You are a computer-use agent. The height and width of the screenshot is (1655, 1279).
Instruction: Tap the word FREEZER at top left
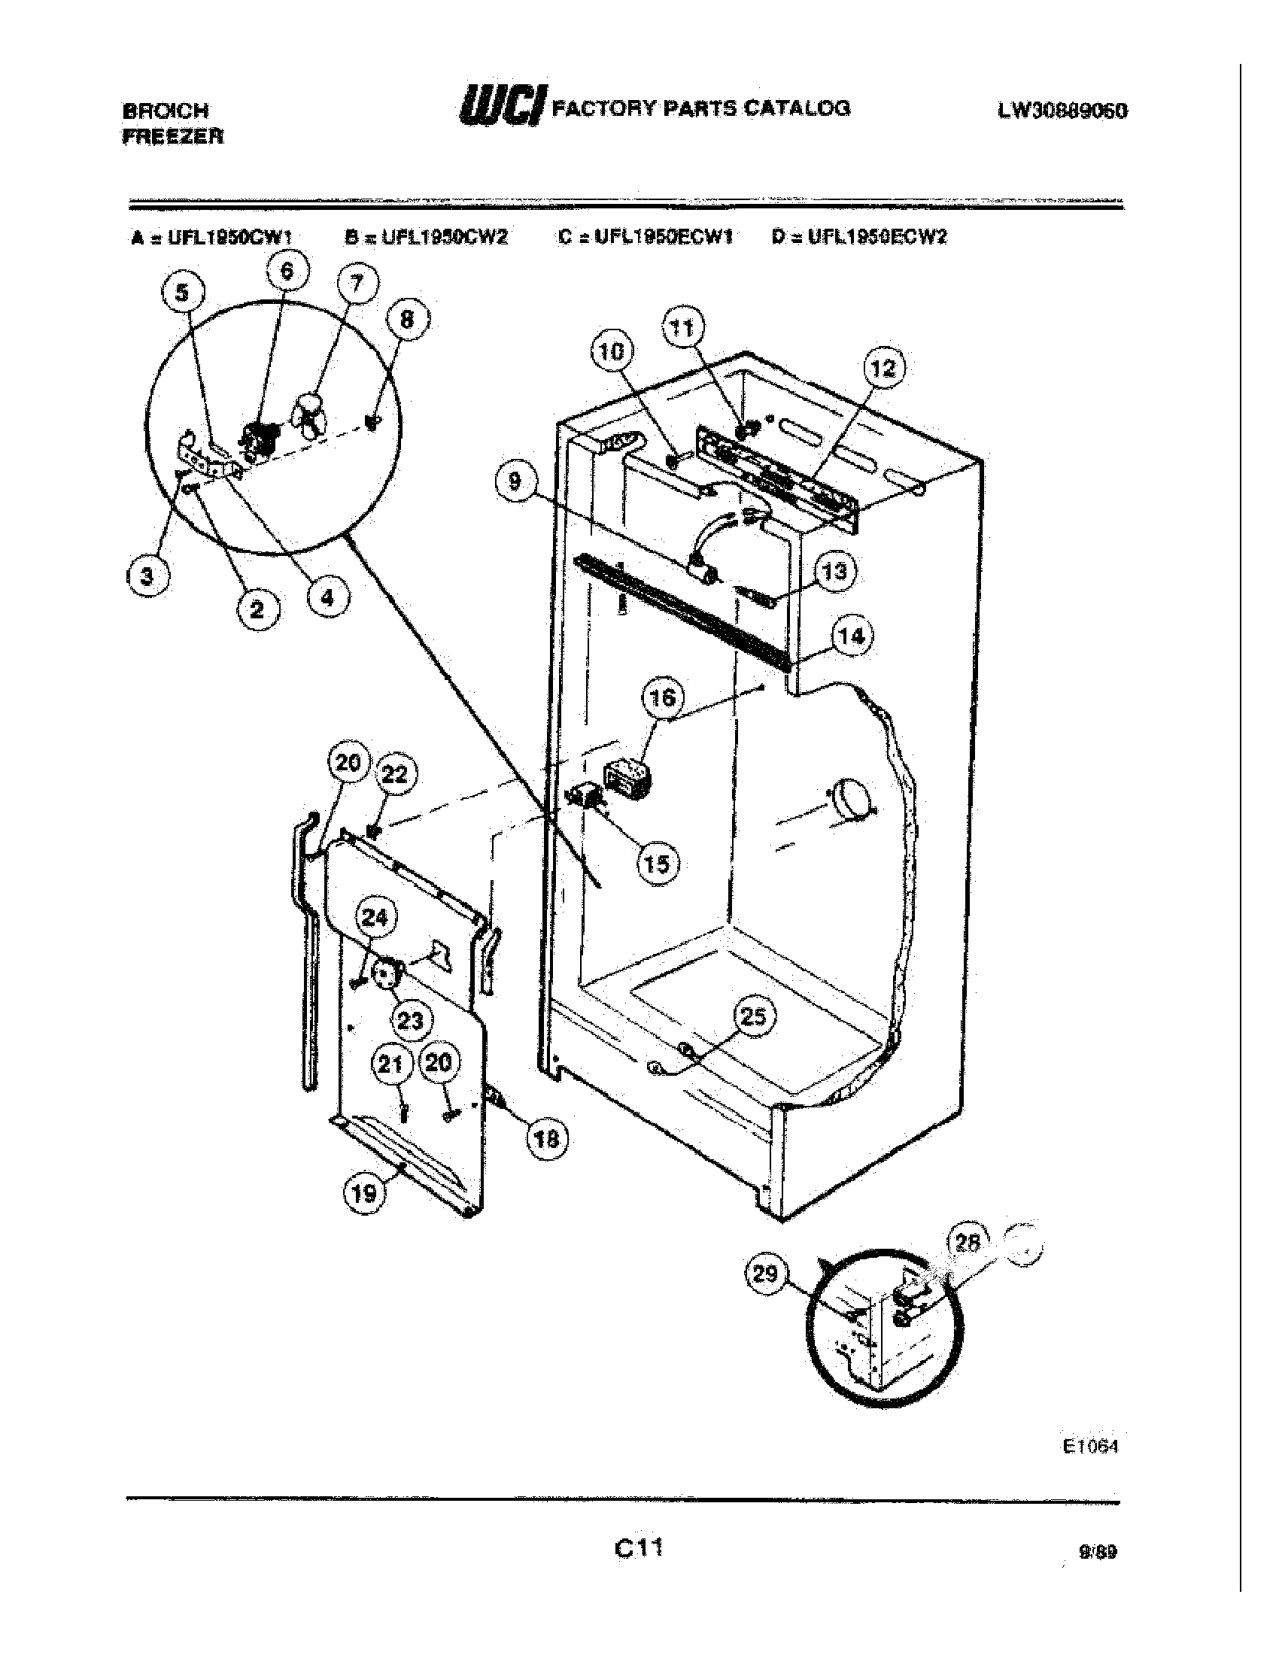(x=173, y=137)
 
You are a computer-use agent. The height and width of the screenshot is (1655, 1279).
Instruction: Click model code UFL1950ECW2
(x=876, y=237)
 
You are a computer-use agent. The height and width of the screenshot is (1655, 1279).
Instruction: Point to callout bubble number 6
(x=287, y=272)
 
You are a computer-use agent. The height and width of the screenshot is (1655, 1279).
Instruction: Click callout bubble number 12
(x=883, y=369)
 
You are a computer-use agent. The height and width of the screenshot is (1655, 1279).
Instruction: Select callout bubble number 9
(x=515, y=481)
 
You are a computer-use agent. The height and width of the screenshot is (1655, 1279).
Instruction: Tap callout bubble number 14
(x=852, y=636)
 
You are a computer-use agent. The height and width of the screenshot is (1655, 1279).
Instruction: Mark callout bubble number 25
(x=753, y=1017)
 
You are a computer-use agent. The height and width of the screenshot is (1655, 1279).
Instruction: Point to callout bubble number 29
(x=766, y=1274)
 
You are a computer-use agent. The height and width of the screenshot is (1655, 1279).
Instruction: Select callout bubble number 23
(x=410, y=1021)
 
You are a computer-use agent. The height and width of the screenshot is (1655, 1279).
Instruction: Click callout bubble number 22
(x=395, y=773)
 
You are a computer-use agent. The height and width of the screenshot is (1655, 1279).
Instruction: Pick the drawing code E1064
(x=1089, y=1446)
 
